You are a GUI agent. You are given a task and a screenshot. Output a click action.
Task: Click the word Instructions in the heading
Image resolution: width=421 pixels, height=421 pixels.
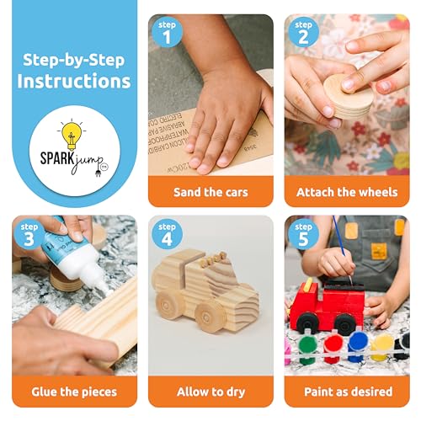[x=74, y=82]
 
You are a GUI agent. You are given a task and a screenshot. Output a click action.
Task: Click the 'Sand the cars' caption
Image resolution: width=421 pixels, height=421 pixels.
[x=210, y=192]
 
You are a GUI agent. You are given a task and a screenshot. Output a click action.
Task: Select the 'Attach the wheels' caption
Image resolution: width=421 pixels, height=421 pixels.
[x=346, y=192]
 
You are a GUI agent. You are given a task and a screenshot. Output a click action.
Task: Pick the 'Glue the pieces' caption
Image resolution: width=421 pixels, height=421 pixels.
[x=74, y=392]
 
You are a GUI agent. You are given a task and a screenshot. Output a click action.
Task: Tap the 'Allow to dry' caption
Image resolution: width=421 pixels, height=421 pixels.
[x=210, y=392]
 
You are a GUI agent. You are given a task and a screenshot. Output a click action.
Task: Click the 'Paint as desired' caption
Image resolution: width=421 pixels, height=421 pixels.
[x=346, y=392]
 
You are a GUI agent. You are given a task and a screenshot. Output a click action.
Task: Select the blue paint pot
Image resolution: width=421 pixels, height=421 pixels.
[x=359, y=344]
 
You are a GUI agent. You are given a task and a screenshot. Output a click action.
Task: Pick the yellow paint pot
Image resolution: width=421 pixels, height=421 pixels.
[x=383, y=344]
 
